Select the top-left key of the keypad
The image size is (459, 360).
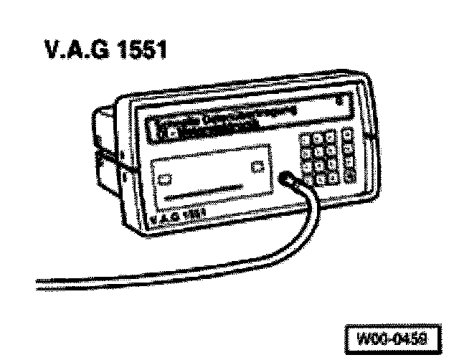coord(307,138)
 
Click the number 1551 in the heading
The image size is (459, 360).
coord(139,53)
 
